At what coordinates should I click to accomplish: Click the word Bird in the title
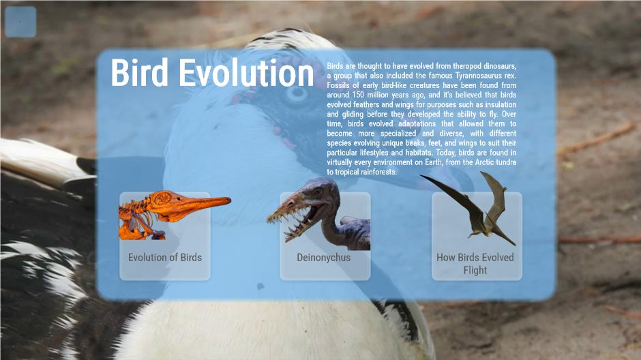pos(139,72)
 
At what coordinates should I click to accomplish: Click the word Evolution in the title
pos(246,72)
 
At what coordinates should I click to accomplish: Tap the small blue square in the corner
pos(20,22)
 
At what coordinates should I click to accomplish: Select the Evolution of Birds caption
pos(165,258)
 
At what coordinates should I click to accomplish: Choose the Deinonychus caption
pos(323,258)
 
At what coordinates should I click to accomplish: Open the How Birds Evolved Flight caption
pos(475,264)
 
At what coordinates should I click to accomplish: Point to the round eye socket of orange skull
pos(162,199)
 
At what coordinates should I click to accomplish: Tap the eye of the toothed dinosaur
pos(317,192)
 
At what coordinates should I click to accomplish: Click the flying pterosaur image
pos(474,207)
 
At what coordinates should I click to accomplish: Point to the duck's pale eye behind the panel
pos(297,93)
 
